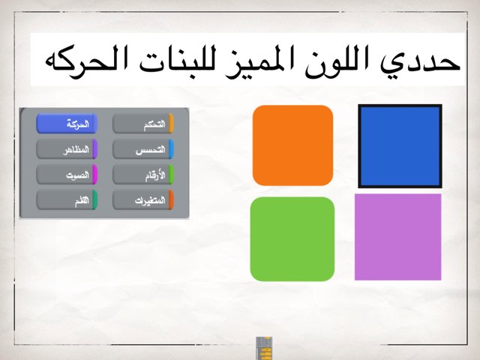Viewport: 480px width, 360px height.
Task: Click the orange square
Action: coord(292,145)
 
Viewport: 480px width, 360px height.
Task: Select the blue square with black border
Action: coord(400,145)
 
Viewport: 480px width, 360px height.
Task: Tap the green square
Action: coord(292,238)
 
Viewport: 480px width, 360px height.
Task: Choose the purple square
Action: coord(397,237)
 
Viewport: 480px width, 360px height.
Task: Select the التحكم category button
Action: coord(143,124)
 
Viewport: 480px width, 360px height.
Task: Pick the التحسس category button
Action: coord(143,150)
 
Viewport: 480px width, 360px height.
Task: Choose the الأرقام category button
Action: coord(143,175)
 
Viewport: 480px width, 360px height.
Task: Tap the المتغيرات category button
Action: coord(143,200)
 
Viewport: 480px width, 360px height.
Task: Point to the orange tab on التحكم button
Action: coord(171,124)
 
